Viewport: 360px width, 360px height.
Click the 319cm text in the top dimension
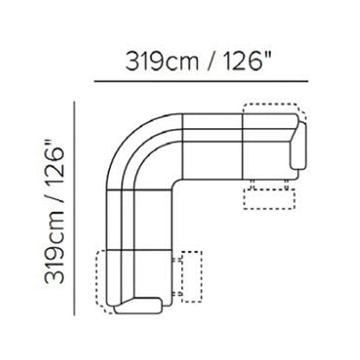click(162, 61)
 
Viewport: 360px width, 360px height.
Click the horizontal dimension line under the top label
click(201, 81)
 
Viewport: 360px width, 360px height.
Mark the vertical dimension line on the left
click(74, 209)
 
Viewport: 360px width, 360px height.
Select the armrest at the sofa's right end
click(299, 145)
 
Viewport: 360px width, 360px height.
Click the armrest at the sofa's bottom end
click(138, 305)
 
